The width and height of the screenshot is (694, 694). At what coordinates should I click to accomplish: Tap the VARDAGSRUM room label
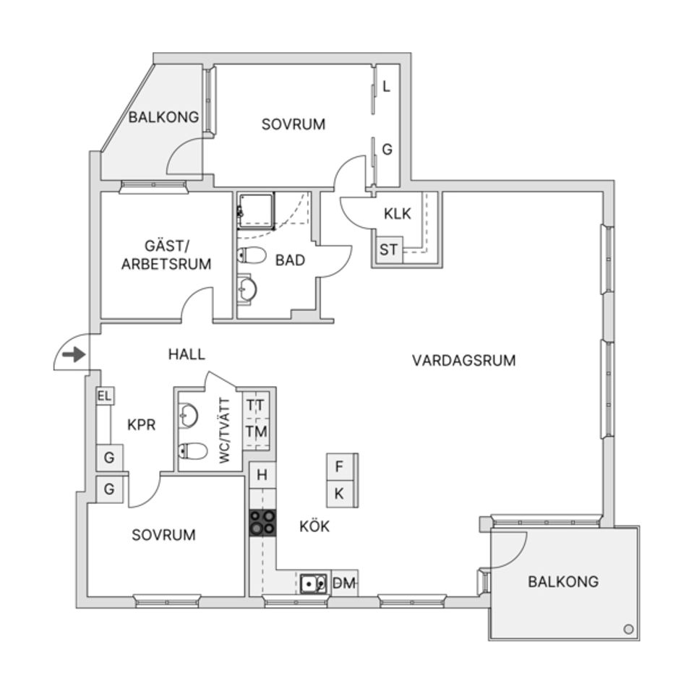(x=464, y=360)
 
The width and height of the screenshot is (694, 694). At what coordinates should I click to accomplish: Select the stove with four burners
(x=262, y=522)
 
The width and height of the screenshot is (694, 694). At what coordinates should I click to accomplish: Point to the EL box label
(x=105, y=396)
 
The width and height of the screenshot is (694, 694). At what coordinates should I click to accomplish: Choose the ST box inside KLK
(x=389, y=251)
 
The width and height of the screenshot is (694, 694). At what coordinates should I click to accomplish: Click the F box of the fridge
(x=339, y=467)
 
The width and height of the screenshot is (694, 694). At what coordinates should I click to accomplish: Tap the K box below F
(x=339, y=494)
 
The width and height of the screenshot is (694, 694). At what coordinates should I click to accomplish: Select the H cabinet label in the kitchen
(x=262, y=475)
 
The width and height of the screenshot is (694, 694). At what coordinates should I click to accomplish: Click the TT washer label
(x=256, y=405)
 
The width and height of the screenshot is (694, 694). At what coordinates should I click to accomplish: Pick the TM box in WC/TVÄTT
(x=256, y=432)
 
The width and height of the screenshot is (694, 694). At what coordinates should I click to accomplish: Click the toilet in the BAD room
(x=252, y=255)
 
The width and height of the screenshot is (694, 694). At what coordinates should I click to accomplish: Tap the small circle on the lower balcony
(x=628, y=629)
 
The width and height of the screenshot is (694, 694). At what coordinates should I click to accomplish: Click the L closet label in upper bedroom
(x=387, y=87)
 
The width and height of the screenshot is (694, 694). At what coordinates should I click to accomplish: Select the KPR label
(x=141, y=425)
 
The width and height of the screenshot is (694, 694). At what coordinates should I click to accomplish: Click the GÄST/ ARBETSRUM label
(x=166, y=256)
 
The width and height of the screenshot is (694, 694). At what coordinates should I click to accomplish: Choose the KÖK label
(x=314, y=526)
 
